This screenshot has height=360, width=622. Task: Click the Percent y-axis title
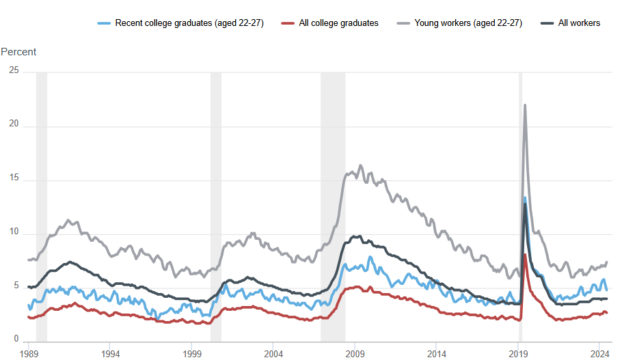(18, 52)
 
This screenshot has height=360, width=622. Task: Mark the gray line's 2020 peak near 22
(524, 105)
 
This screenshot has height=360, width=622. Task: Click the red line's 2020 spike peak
(524, 255)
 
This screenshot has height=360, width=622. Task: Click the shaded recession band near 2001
(215, 205)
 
